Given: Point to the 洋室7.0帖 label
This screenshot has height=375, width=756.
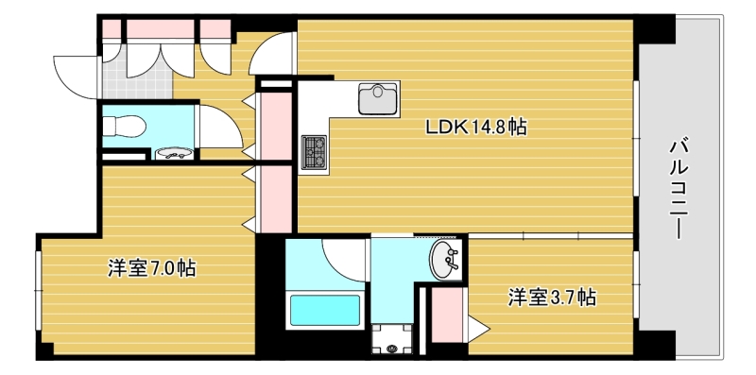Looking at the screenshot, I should [x=151, y=269].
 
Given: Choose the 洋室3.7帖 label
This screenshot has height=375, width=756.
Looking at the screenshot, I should [x=552, y=298].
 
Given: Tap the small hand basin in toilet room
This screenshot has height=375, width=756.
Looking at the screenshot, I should [x=171, y=152].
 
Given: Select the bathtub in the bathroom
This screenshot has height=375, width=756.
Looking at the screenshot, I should [x=324, y=310].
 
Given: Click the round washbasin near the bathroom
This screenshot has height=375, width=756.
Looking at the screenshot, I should [x=445, y=261].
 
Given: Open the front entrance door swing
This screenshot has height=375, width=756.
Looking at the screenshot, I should [x=76, y=72].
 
